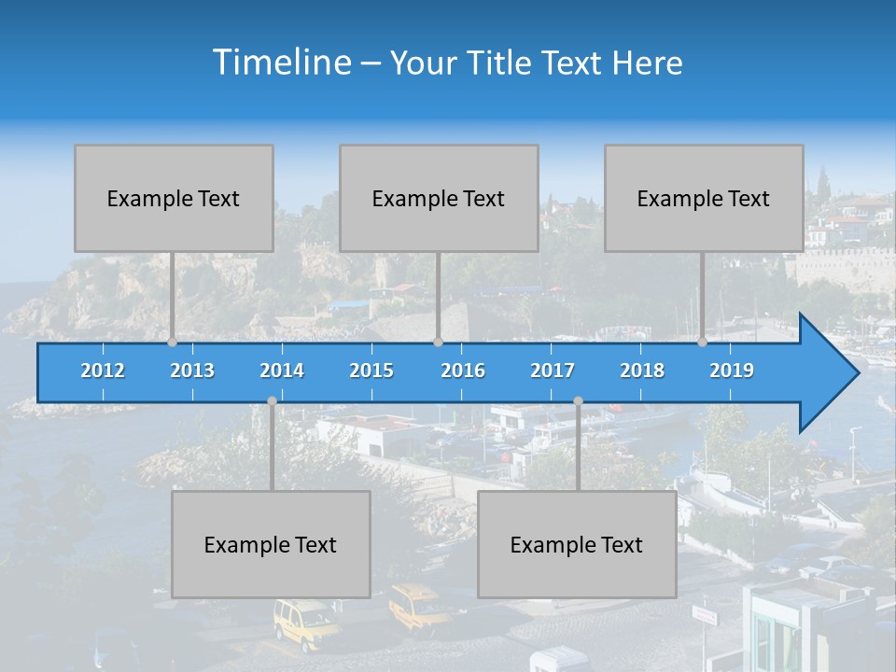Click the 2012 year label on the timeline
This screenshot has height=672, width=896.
click(x=103, y=371)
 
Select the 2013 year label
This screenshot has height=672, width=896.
click(x=192, y=371)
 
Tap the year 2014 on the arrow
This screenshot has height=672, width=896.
click(x=282, y=371)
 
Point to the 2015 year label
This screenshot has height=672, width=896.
click(x=371, y=371)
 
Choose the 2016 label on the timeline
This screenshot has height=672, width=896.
click(x=463, y=371)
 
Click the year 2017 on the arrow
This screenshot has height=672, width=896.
click(x=553, y=371)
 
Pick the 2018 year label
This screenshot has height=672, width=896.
click(x=642, y=371)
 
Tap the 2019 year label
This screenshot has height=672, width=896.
click(x=732, y=371)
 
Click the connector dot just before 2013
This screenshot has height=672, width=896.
click(x=172, y=343)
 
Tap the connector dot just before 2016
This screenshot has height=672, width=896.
click(x=438, y=343)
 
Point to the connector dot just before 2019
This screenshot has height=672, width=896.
click(x=702, y=343)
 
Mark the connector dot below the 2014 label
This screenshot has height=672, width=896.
click(x=272, y=401)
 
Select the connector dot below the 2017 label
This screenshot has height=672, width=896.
click(x=578, y=401)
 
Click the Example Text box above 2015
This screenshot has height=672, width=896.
click(x=439, y=198)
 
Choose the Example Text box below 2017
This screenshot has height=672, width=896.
click(x=577, y=544)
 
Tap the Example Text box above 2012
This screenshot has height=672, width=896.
click(x=174, y=198)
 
